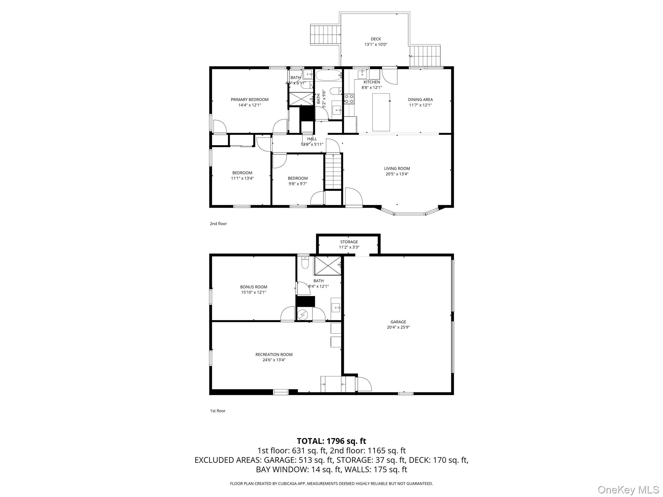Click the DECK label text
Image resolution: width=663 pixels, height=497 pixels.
click(x=376, y=39)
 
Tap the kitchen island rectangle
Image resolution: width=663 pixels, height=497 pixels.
click(x=381, y=112)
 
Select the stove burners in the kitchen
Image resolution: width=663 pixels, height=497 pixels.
click(x=349, y=99)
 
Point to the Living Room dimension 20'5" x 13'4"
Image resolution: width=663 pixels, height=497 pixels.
click(x=397, y=174)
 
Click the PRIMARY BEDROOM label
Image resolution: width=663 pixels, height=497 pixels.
click(x=249, y=99)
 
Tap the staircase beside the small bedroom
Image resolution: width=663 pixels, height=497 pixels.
click(x=333, y=171)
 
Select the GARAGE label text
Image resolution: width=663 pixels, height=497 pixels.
click(x=398, y=322)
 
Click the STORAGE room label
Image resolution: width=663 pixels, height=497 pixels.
click(x=349, y=242)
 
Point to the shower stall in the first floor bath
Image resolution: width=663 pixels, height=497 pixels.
click(x=328, y=266)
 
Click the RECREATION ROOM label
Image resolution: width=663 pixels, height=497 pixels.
click(x=274, y=354)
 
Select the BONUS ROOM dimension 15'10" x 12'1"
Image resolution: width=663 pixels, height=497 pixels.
click(x=253, y=292)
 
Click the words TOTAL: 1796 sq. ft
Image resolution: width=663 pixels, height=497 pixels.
click(x=331, y=441)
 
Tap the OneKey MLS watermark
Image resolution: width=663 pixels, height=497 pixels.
click(x=628, y=490)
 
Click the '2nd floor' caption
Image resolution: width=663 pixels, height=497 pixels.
click(x=218, y=224)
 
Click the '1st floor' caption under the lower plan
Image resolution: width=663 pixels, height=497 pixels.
click(x=218, y=411)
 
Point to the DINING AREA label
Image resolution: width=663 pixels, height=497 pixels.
click(x=420, y=99)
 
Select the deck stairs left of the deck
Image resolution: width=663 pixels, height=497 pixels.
click(x=325, y=34)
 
